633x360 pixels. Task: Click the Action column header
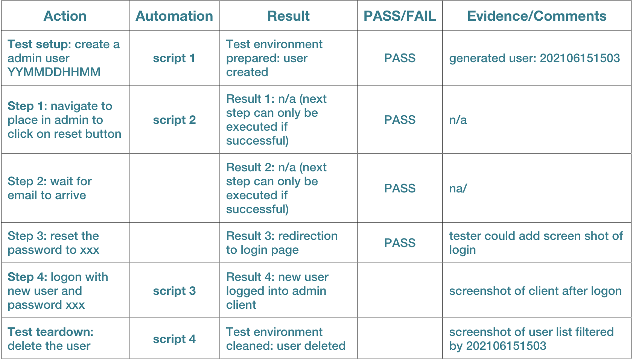[x=65, y=16]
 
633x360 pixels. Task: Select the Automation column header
[x=174, y=16]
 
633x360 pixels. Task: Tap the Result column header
[x=289, y=16]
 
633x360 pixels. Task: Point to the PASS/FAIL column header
[x=400, y=16]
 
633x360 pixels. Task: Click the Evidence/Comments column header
[x=537, y=16]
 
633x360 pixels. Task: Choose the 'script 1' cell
[x=174, y=58]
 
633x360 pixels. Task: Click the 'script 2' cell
[x=174, y=120]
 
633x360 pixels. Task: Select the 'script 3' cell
[x=174, y=291]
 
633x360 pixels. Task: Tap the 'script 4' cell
[x=174, y=339]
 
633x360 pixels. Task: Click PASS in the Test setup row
[x=400, y=58]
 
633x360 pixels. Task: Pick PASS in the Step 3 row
[x=400, y=243]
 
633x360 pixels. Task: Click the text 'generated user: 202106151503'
[x=534, y=58]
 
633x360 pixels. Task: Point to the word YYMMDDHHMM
[x=54, y=72]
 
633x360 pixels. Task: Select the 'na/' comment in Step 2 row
[x=458, y=188]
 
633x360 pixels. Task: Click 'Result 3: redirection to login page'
[x=282, y=243]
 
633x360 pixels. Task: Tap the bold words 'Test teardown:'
[x=50, y=332]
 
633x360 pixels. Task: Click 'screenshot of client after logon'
[x=536, y=291]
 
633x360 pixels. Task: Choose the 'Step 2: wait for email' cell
[x=50, y=188]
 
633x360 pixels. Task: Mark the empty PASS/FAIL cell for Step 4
[x=400, y=290]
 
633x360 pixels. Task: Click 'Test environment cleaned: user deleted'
[x=286, y=339]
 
